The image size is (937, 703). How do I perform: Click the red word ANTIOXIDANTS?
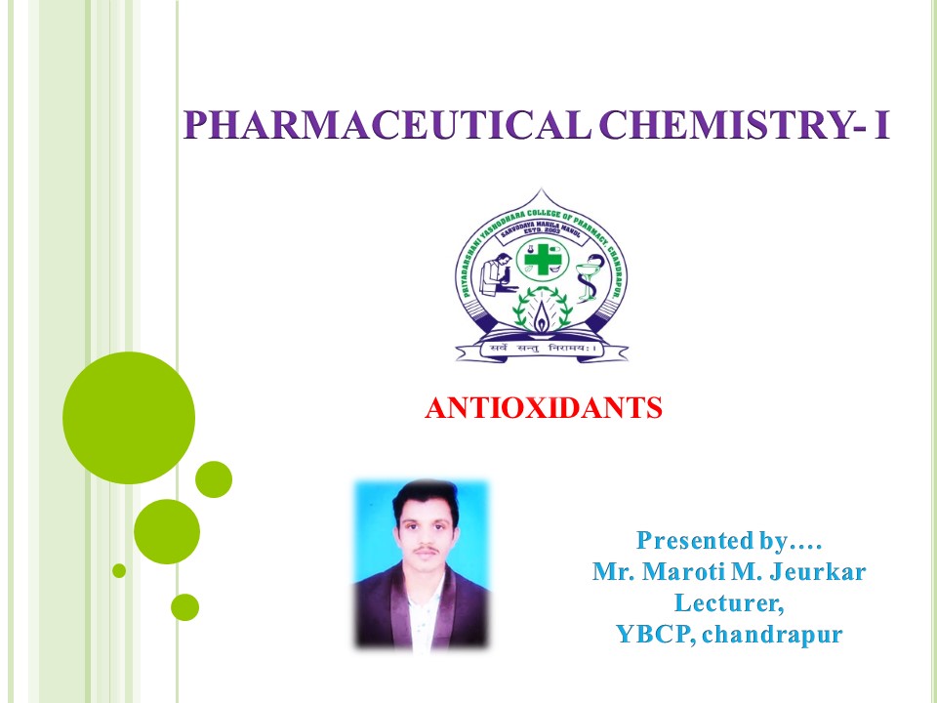(x=544, y=408)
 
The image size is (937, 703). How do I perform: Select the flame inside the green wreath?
(x=542, y=313)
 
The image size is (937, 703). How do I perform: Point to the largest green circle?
(x=128, y=417)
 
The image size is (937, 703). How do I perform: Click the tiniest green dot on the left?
(x=119, y=570)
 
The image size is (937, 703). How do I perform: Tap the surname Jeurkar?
(x=818, y=571)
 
